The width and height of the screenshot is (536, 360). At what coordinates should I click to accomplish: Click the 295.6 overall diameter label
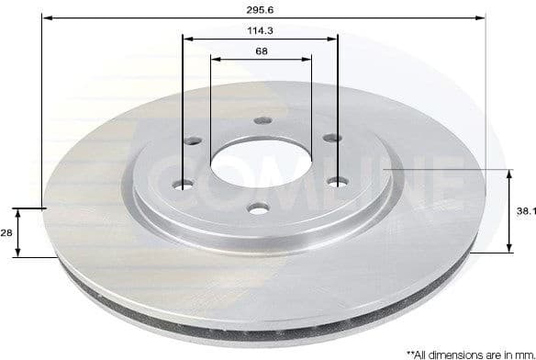[x=262, y=8]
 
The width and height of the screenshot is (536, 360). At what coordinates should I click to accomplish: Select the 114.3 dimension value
[x=262, y=30]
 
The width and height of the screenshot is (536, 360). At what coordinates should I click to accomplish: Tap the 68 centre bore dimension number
[x=262, y=51]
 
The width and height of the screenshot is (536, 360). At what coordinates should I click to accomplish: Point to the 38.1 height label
[x=525, y=210]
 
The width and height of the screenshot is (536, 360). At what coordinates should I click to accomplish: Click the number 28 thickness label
[x=6, y=233]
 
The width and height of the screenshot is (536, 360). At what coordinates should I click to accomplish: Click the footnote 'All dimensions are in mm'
[x=470, y=352]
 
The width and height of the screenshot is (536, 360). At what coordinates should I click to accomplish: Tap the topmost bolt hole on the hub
[x=261, y=120]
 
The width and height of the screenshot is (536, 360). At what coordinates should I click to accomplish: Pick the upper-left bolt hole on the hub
[x=194, y=141]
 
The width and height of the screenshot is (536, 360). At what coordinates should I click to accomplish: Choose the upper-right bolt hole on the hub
[x=327, y=141]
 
